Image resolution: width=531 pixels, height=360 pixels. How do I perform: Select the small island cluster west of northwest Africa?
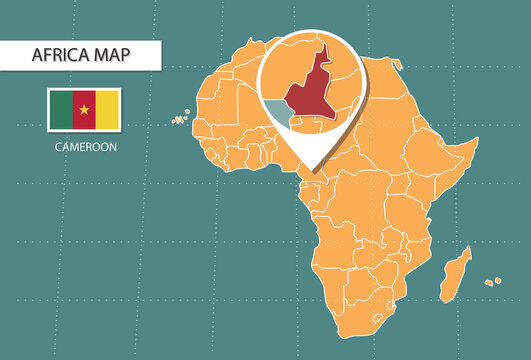[x=180, y=119]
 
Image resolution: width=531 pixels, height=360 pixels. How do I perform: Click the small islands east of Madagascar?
[x=493, y=282]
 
